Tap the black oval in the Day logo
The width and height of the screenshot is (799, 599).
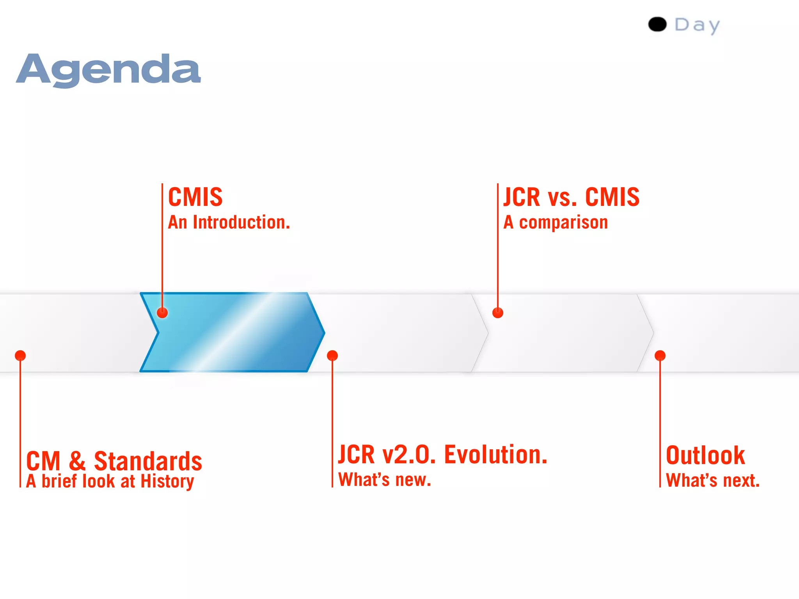click(x=657, y=25)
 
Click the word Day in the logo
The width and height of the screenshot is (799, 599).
click(x=697, y=25)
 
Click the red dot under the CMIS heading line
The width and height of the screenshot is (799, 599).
click(x=162, y=313)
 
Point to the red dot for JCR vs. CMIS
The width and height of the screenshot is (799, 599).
click(x=498, y=313)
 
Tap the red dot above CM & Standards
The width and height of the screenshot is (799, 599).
click(x=20, y=356)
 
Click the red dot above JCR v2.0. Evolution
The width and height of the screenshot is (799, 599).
click(x=332, y=356)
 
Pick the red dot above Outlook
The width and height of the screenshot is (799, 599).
click(x=660, y=356)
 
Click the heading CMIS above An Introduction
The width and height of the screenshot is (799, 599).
click(x=195, y=197)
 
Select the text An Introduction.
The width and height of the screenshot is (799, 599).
click(x=229, y=222)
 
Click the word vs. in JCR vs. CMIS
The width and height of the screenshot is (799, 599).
click(x=562, y=197)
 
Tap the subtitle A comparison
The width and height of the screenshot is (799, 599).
click(x=556, y=223)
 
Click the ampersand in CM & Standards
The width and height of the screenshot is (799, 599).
click(x=77, y=461)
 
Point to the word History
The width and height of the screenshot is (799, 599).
click(x=167, y=481)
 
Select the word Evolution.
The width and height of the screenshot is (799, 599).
click(x=496, y=455)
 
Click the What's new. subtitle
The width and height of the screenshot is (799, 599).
click(x=385, y=480)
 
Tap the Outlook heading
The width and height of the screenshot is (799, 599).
click(x=705, y=455)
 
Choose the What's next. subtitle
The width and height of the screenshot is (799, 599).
click(x=713, y=480)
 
